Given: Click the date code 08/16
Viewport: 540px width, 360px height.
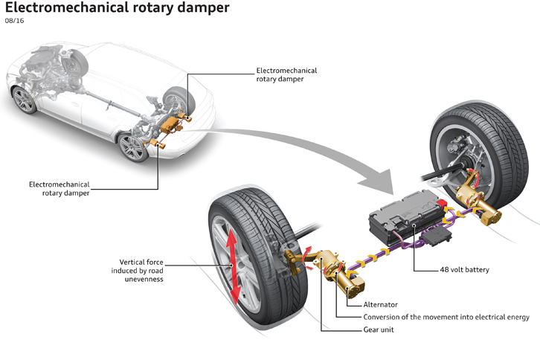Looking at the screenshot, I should [14, 22].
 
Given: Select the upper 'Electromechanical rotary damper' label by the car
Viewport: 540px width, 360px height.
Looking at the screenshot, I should [286, 75].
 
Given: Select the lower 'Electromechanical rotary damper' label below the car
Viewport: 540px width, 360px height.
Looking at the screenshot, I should [59, 188].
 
